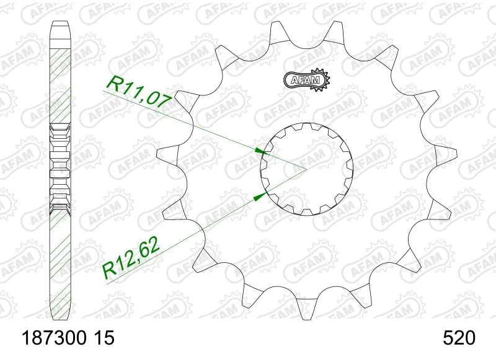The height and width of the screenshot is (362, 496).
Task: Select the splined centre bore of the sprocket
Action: click(306, 169)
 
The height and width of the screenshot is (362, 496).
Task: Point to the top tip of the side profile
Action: click(60, 24)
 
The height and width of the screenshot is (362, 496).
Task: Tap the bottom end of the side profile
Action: click(60, 315)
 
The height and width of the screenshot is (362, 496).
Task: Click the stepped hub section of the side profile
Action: click(60, 167)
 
